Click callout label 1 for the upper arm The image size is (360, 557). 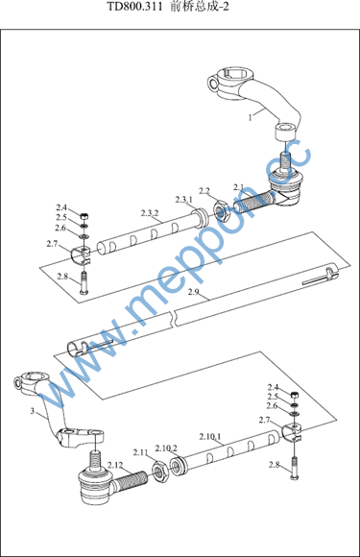[x=251, y=117]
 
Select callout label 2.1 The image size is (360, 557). [x=239, y=187]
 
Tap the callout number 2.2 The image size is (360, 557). [x=204, y=191]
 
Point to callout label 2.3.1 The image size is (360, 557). [x=184, y=200]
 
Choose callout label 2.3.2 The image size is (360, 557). [x=150, y=213]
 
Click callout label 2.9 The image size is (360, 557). [x=194, y=292]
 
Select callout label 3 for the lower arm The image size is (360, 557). [x=33, y=411]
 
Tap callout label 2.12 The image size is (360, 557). [x=115, y=465]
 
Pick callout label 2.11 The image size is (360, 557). [x=140, y=452]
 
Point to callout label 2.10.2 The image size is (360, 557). [x=166, y=448]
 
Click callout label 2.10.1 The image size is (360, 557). [x=210, y=436]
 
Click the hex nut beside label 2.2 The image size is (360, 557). [x=223, y=211]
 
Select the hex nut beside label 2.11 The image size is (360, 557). [x=161, y=471]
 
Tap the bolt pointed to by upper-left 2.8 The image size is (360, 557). [x=84, y=282]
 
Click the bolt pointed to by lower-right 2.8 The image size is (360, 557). [x=294, y=469]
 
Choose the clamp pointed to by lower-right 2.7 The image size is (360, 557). [x=292, y=432]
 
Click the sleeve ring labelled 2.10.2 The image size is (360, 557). [x=179, y=467]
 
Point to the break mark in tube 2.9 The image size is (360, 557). [x=175, y=317]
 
